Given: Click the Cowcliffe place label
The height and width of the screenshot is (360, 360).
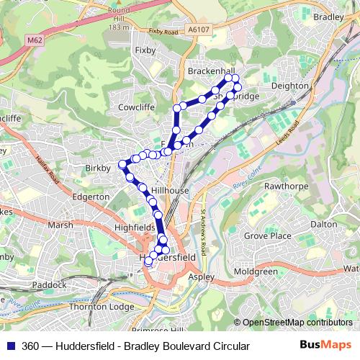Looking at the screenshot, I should [137, 107].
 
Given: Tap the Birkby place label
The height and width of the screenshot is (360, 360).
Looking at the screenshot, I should [99, 168].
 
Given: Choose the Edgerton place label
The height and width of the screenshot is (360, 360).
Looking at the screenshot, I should [91, 197].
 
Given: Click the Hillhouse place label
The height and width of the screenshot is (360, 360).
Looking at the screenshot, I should [169, 190].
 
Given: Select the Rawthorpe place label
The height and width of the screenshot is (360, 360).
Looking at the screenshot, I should [286, 186].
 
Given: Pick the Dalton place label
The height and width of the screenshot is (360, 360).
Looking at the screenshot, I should [323, 224].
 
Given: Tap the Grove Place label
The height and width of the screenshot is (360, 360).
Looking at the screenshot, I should [268, 235].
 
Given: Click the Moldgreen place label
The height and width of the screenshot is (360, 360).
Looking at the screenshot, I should [256, 271].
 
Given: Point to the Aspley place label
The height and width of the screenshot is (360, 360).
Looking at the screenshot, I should [201, 276].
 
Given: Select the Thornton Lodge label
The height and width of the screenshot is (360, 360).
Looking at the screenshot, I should [102, 307].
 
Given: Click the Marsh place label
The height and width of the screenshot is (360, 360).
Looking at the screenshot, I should [60, 225].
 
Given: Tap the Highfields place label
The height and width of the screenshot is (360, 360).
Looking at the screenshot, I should [135, 228].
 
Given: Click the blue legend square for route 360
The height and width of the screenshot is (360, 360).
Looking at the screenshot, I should [10, 346].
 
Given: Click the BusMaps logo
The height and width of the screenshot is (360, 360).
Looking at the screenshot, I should [325, 346].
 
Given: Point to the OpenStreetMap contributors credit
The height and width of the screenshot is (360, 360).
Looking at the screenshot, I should [297, 323].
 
